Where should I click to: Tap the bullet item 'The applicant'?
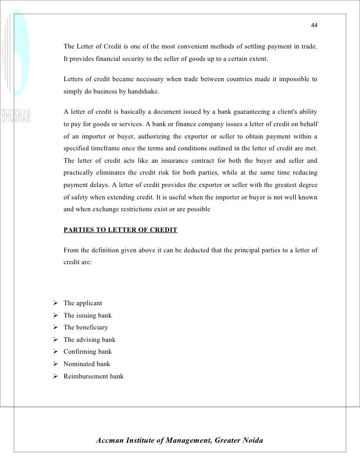pos(83,303)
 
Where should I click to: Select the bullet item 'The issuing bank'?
pos(88,315)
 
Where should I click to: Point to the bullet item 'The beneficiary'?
pos(86,327)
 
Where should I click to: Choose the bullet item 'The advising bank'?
pos(89,340)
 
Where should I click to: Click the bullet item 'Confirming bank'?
pos(88,352)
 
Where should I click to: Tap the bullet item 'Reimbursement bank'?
pos(93,376)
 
